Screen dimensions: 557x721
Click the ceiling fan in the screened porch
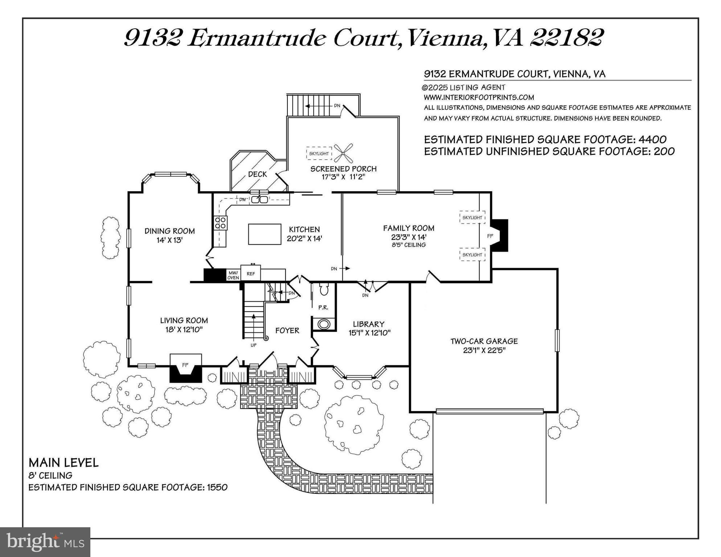pos(343,153)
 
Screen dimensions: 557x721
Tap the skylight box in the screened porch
pos(319,153)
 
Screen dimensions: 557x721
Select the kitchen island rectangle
pos(265,234)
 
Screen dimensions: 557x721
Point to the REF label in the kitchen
pos(251,274)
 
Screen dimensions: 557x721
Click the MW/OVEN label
pos(233,275)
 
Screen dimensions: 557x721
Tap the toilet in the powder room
pos(324,290)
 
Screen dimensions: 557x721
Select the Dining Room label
pos(169,231)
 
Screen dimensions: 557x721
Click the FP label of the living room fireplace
pos(185,365)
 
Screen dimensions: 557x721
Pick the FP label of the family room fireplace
pos(490,236)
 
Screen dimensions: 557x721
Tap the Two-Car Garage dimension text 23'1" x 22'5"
pos(484,351)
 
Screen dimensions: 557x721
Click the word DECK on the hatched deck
pos(257,174)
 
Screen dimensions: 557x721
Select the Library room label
pos(368,324)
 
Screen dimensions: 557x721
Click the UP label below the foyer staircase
pos(253,345)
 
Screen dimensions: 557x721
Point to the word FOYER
pos(287,331)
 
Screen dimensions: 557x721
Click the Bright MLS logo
pos(45,542)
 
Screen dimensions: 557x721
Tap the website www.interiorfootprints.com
pos(479,97)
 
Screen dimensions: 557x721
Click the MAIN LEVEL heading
pos(64,463)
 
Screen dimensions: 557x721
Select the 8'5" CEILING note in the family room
pos(409,245)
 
